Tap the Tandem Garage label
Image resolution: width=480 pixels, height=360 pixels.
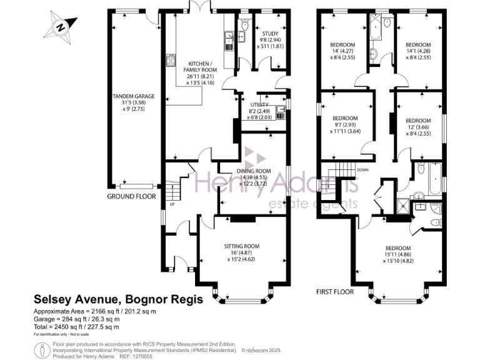click(x=133, y=101)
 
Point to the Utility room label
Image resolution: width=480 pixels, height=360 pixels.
click(x=259, y=109)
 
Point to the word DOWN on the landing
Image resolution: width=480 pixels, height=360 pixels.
click(x=363, y=170)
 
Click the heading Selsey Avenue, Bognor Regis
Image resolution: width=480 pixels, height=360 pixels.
click(x=118, y=300)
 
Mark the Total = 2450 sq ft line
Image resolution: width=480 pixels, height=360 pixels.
click(x=76, y=327)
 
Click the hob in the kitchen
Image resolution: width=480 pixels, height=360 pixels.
click(x=170, y=61)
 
